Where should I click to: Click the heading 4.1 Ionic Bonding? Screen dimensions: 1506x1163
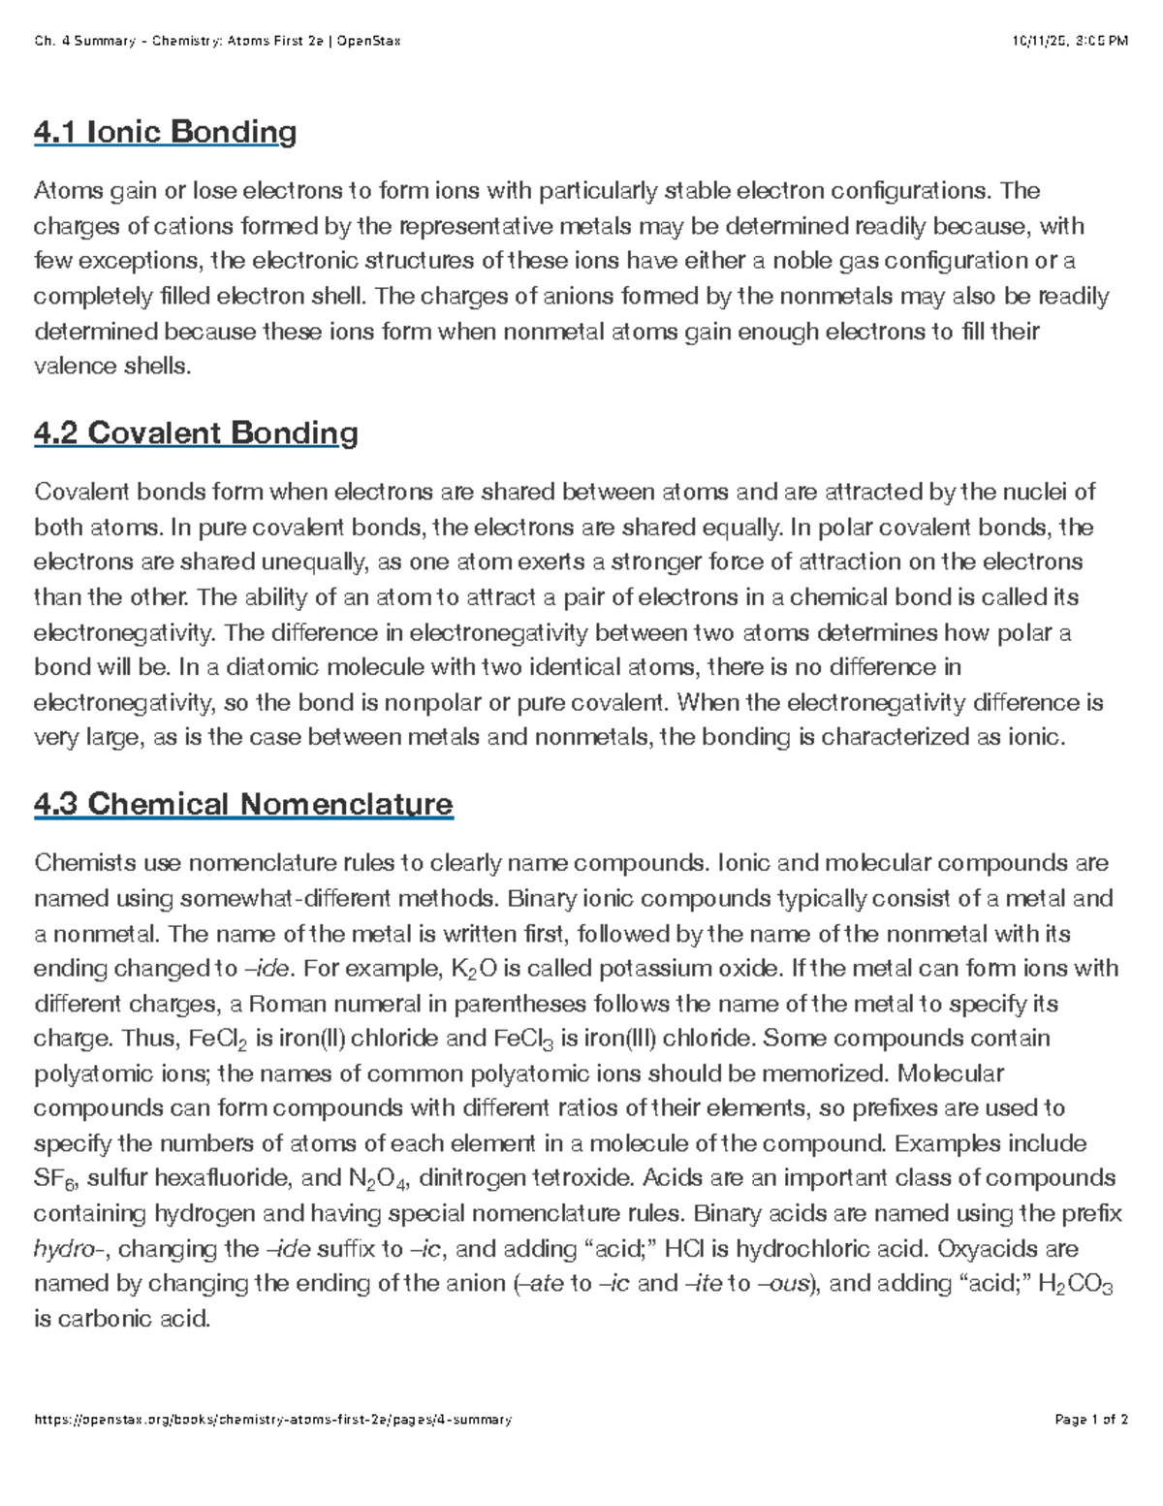click(x=165, y=132)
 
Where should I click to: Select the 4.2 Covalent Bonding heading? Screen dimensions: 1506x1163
click(x=196, y=433)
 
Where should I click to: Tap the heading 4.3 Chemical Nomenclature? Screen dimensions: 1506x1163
click(x=243, y=804)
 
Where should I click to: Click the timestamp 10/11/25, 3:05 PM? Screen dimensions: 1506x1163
click(x=1070, y=41)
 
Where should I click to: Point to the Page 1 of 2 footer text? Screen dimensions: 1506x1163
click(x=1090, y=1420)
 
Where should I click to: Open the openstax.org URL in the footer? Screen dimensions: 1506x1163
click(x=272, y=1420)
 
